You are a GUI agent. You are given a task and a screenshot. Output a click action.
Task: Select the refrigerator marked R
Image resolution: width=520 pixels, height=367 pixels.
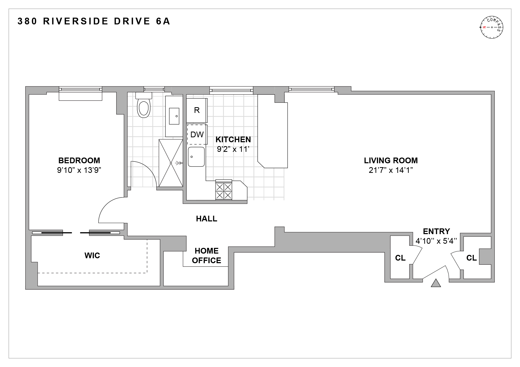pyautogui.click(x=197, y=110)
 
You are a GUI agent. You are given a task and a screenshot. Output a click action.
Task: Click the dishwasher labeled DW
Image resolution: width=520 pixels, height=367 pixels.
pyautogui.click(x=197, y=134)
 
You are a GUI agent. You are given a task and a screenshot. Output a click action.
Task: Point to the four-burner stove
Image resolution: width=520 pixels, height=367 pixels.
pyautogui.click(x=224, y=191)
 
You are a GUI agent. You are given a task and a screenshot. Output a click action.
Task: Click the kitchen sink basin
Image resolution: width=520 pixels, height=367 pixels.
pyautogui.click(x=196, y=157)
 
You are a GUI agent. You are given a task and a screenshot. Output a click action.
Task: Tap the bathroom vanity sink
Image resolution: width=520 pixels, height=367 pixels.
pyautogui.click(x=174, y=116)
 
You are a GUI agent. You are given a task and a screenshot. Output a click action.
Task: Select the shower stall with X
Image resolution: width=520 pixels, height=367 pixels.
pyautogui.click(x=171, y=163)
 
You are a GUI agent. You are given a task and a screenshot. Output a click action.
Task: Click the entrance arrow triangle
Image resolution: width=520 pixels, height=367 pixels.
pyautogui.click(x=436, y=283)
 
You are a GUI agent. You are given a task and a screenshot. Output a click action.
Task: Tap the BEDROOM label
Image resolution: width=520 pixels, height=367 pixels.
pyautogui.click(x=79, y=160)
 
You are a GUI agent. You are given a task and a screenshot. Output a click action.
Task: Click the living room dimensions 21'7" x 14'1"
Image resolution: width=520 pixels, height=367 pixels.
pyautogui.click(x=391, y=170)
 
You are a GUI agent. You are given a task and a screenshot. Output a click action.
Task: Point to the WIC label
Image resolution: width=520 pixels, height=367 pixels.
pyautogui.click(x=92, y=256)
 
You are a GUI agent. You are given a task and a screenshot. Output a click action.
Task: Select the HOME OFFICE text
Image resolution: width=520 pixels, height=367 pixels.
pyautogui.click(x=206, y=256)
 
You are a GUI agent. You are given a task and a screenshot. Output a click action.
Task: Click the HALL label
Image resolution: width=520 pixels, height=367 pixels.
pyautogui.click(x=206, y=219)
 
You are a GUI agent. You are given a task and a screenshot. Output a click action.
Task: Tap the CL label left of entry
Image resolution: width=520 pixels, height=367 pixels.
pyautogui.click(x=400, y=258)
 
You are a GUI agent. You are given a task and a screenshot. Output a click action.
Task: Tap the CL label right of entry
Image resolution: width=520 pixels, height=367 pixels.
pyautogui.click(x=471, y=258)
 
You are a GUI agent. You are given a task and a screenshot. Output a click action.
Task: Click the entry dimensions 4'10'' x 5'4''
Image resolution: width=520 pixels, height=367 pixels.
pyautogui.click(x=436, y=241)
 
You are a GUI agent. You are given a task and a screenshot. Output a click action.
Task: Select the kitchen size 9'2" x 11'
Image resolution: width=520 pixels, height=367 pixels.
pyautogui.click(x=233, y=149)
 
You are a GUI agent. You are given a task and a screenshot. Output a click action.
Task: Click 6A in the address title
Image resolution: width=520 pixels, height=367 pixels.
pyautogui.click(x=163, y=21)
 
